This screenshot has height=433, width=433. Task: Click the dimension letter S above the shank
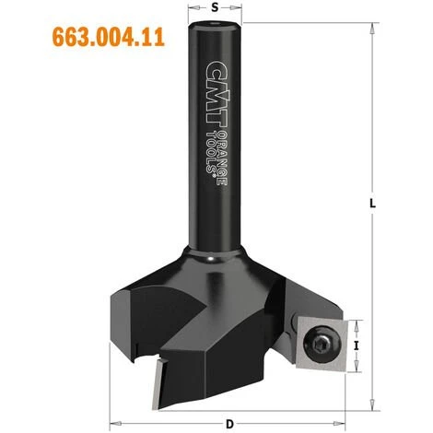click(215, 6)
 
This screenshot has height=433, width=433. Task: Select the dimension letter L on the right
click(373, 205)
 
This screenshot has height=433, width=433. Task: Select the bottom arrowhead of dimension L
click(374, 406)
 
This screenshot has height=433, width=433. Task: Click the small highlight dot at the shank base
click(213, 260)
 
